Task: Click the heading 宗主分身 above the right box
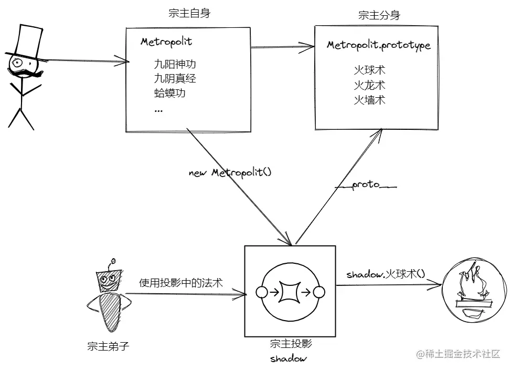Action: (x=379, y=15)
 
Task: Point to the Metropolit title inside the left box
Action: (x=166, y=42)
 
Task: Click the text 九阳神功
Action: (x=175, y=65)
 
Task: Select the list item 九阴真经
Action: (x=175, y=79)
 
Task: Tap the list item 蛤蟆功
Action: (x=169, y=94)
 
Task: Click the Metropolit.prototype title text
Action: (x=378, y=45)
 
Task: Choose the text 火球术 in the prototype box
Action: (x=369, y=70)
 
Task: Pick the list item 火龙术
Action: (x=369, y=85)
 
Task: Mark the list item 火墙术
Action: (x=369, y=99)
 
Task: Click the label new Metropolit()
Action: (x=230, y=172)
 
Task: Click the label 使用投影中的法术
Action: (x=180, y=283)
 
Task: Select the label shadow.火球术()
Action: (x=386, y=274)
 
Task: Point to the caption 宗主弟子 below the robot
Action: (x=108, y=346)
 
